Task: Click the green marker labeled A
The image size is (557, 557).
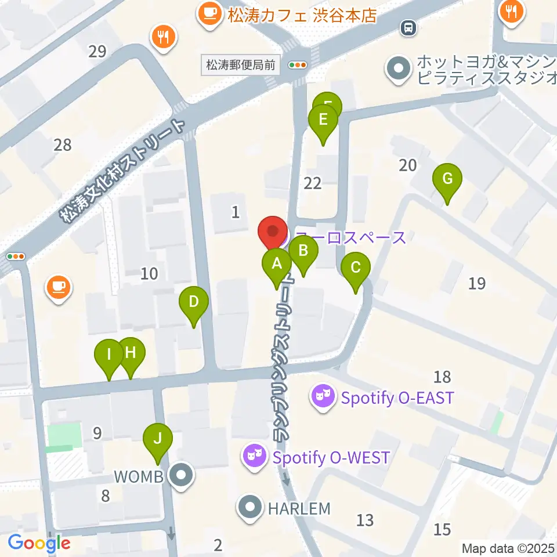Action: click(277, 265)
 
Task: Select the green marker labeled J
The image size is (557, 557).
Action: click(157, 439)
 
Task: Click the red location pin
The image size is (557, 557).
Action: click(272, 232)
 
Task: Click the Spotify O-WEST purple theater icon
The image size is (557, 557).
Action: click(255, 457)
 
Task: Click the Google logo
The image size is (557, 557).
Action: click(39, 544)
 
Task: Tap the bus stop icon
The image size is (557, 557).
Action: click(408, 27)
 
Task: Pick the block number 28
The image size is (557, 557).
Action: click(62, 144)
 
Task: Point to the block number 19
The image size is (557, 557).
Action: click(477, 283)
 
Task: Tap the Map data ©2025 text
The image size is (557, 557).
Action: click(508, 548)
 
